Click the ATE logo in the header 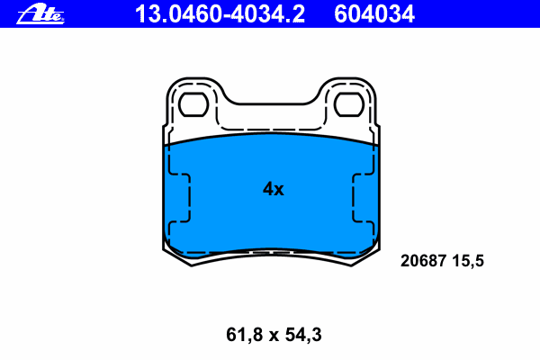40,13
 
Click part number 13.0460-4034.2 220,14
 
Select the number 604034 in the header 374,14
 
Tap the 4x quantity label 274,189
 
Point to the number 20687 424,260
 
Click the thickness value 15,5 468,261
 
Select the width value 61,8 244,335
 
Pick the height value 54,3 303,335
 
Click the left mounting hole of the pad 193,104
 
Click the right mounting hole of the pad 349,104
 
